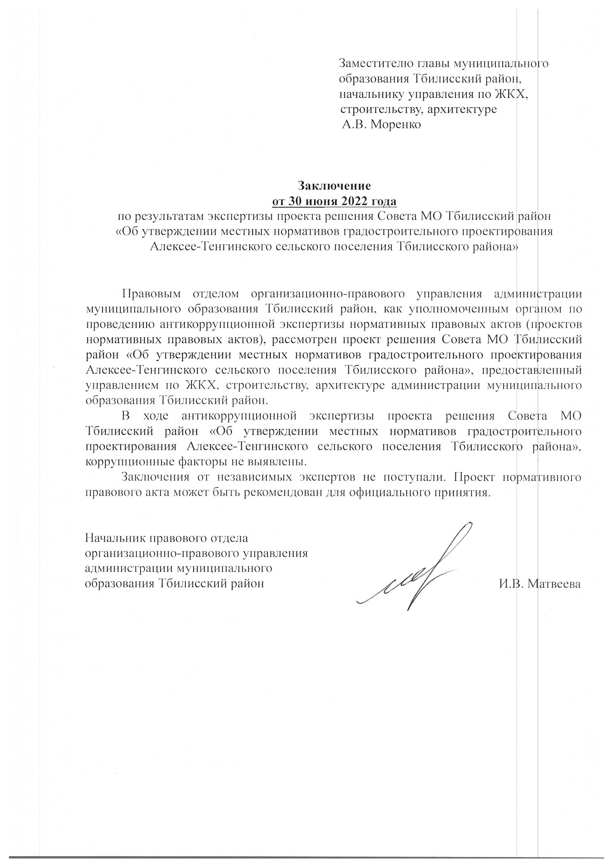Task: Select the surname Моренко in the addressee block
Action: [395, 124]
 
